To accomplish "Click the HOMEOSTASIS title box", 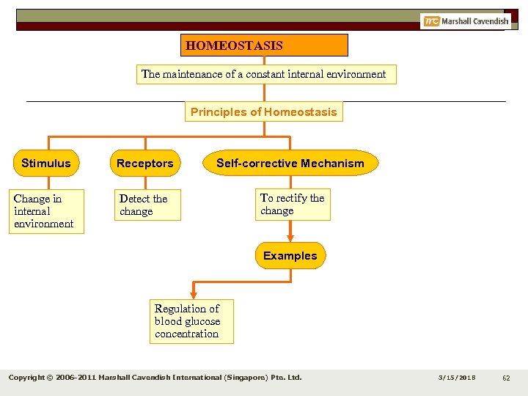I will click(x=264, y=45).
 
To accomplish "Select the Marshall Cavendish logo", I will click(x=466, y=21).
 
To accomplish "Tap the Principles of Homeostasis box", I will click(x=264, y=112).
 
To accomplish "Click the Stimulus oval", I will click(x=46, y=164).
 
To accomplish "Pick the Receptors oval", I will click(x=145, y=164).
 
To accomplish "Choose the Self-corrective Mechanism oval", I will click(x=290, y=164).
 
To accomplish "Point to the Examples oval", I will click(x=290, y=256).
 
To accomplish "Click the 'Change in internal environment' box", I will click(x=47, y=211).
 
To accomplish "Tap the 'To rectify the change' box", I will click(x=293, y=205).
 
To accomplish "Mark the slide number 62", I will click(x=506, y=378).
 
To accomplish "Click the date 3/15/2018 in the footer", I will click(x=457, y=378).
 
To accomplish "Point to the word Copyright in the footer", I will click(x=29, y=378).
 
